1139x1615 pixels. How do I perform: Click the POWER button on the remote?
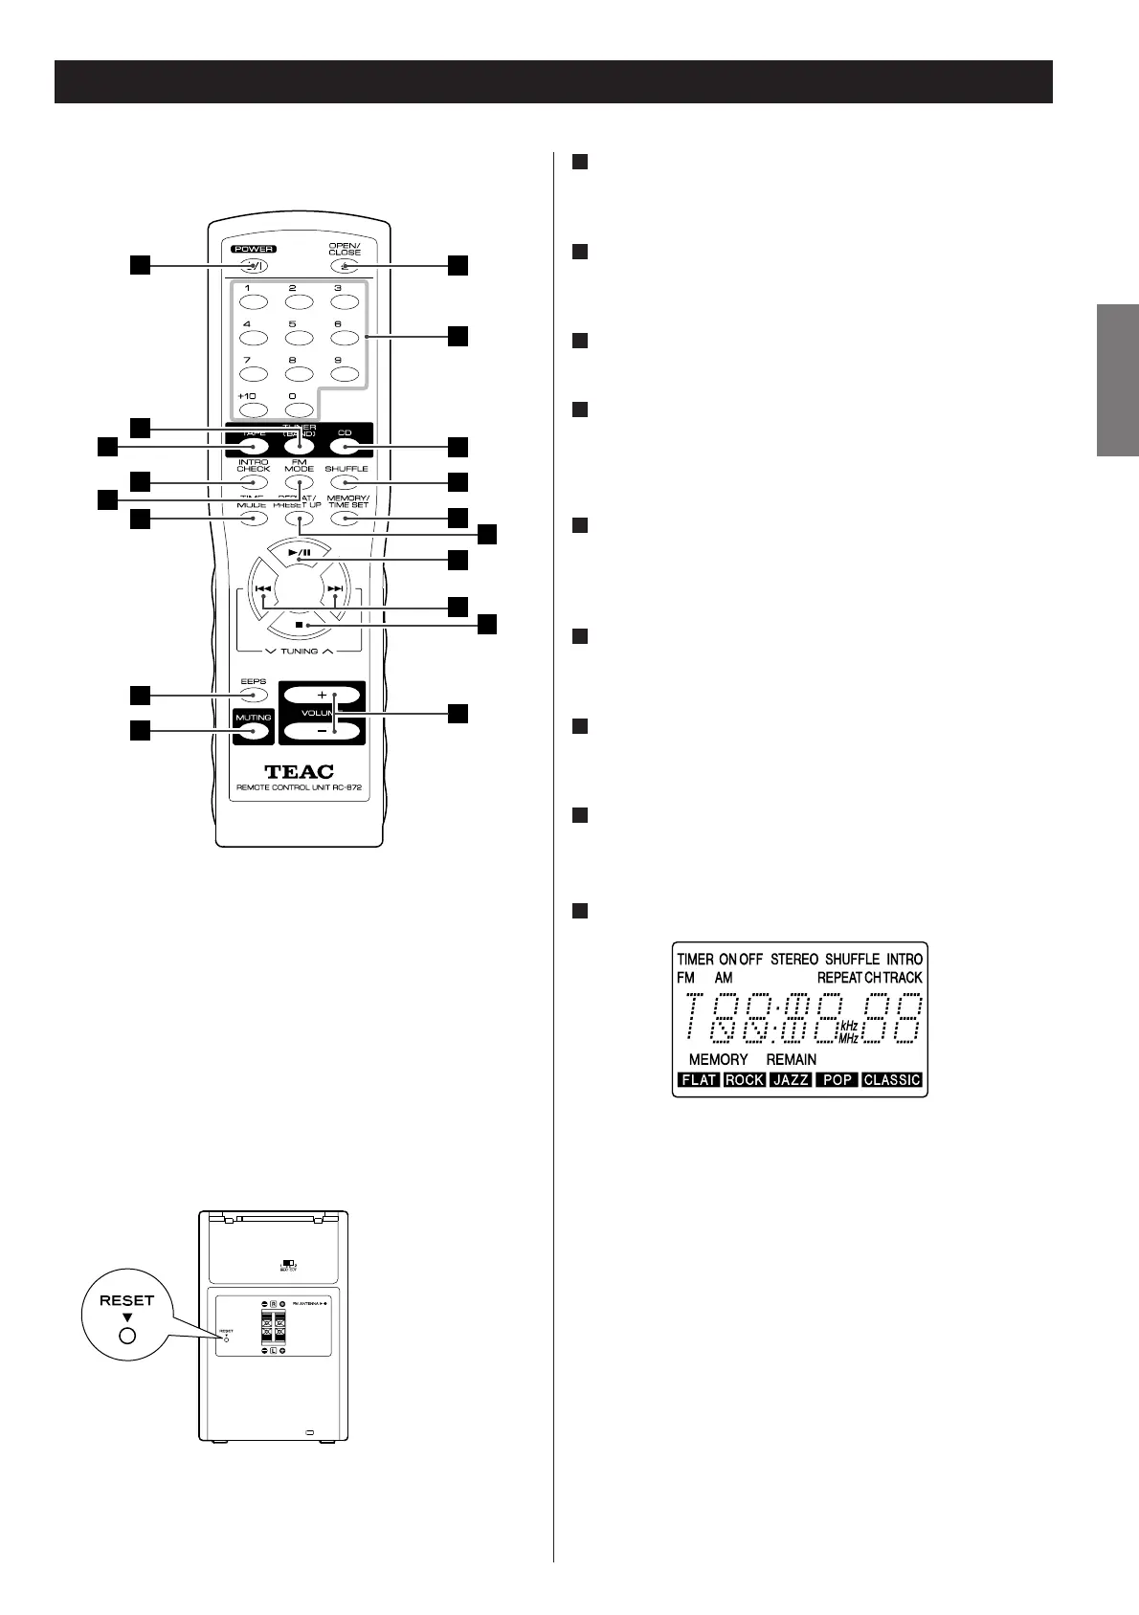coord(254,266)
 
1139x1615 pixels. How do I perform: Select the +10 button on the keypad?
coord(254,409)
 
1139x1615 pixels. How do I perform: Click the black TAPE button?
coord(254,445)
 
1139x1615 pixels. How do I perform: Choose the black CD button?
coord(345,445)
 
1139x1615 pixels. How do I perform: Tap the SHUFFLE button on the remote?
coord(345,482)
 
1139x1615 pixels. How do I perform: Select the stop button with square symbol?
coord(299,625)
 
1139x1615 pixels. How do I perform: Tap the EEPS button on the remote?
coord(254,696)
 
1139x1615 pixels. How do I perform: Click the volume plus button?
coord(322,695)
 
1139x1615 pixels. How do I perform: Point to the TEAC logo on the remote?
coord(299,771)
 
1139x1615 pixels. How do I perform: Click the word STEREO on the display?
coord(794,959)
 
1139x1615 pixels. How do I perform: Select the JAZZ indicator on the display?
coord(791,1079)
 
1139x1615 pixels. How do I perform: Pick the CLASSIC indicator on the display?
coord(891,1079)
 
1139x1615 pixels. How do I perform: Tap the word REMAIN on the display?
coord(792,1059)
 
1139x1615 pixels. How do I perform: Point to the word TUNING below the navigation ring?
coord(299,651)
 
